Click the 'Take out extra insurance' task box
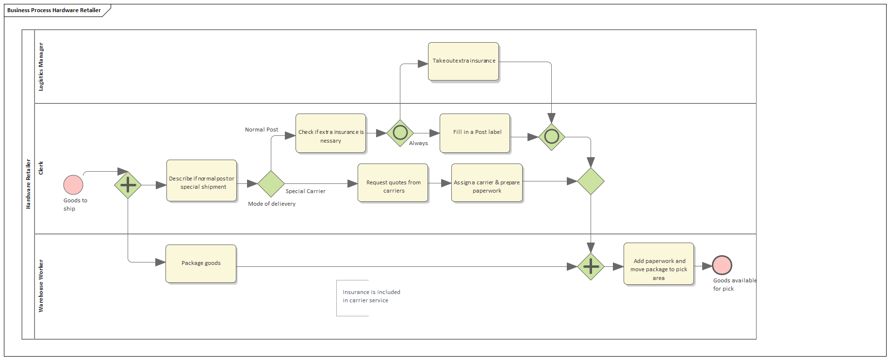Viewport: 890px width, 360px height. [x=463, y=61]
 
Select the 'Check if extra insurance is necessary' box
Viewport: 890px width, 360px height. [x=330, y=133]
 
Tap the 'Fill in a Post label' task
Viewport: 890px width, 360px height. [x=475, y=133]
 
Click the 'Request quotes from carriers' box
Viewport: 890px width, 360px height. [x=393, y=183]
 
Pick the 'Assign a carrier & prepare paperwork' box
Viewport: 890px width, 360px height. [x=487, y=183]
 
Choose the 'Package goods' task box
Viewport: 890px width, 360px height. [x=201, y=263]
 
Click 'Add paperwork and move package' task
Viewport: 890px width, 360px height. [x=659, y=264]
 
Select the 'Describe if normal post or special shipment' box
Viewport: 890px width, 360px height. [x=201, y=180]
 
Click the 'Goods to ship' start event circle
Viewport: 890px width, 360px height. [x=73, y=185]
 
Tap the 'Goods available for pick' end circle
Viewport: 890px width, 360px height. [x=722, y=265]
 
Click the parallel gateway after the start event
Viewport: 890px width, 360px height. [x=128, y=185]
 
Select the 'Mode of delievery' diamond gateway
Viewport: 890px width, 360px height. [x=271, y=184]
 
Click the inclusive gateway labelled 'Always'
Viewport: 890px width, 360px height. [x=400, y=133]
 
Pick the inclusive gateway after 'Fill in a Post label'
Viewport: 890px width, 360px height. [x=552, y=137]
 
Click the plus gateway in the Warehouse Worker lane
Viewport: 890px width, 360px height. [x=591, y=266]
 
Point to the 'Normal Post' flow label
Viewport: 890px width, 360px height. [x=262, y=130]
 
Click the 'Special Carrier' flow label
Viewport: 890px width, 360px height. [x=305, y=191]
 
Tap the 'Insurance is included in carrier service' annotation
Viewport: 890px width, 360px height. [x=371, y=296]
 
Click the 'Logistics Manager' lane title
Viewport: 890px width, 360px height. [x=41, y=66]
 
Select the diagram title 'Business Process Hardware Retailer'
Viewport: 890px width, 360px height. [x=54, y=10]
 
